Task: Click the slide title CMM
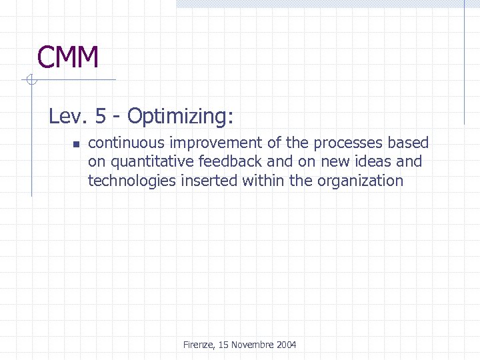pos(68,57)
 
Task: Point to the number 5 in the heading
pos(100,117)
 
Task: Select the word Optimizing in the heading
pos(180,117)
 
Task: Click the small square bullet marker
pos(75,144)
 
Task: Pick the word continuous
pos(126,143)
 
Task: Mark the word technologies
pos(131,181)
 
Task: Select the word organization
pos(363,181)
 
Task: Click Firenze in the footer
pos(198,345)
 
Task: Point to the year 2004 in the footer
pos(286,345)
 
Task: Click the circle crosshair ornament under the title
pos(29,81)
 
